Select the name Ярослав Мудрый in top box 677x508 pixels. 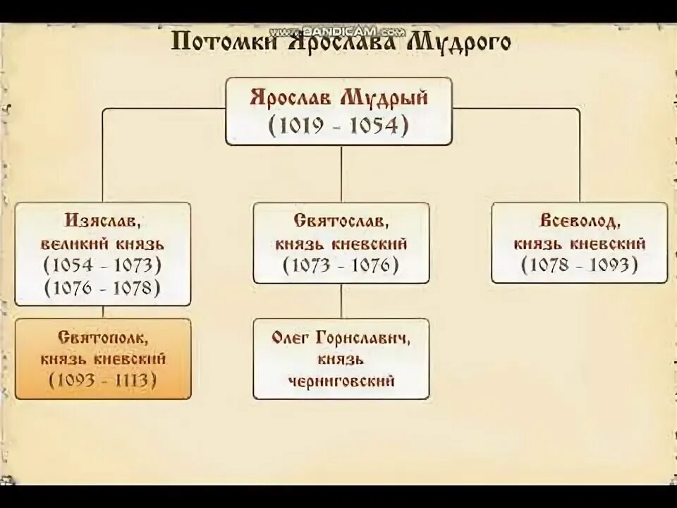pyautogui.click(x=338, y=97)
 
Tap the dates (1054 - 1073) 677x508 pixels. pyautogui.click(x=102, y=266)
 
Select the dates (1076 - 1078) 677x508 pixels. pyautogui.click(x=102, y=288)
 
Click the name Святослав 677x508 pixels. pyautogui.click(x=341, y=222)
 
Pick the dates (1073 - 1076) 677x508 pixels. pyautogui.click(x=341, y=266)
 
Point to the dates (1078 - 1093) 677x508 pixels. pyautogui.click(x=579, y=266)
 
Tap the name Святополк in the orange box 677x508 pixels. pyautogui.click(x=102, y=337)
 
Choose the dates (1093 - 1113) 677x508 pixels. pyautogui.click(x=102, y=380)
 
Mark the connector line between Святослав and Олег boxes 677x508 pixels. pyautogui.click(x=341, y=301)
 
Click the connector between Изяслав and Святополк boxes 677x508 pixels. pyautogui.click(x=103, y=312)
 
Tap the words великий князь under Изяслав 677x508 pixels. pyautogui.click(x=102, y=244)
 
